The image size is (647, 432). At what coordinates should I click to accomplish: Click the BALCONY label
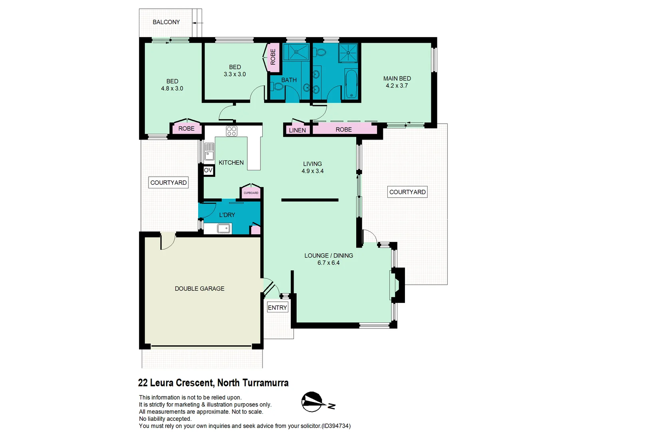coord(166,22)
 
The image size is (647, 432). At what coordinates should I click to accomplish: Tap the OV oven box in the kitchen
coord(208,170)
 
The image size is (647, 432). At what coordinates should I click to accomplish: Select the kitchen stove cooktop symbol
coord(231,131)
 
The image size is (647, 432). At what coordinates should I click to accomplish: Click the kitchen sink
coord(209,152)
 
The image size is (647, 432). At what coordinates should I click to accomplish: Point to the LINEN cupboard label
coord(297,130)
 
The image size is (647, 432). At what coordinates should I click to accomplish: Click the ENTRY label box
coord(277,308)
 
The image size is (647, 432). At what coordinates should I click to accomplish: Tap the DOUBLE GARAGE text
coord(200,288)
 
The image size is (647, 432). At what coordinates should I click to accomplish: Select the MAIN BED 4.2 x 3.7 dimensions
coord(397,86)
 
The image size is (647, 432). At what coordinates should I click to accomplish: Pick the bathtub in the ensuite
coord(351,84)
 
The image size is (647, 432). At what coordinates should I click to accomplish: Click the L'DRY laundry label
coord(227,215)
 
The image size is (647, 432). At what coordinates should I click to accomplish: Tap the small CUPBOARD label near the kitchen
coord(251,193)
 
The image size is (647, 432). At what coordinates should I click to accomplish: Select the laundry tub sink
coord(224,228)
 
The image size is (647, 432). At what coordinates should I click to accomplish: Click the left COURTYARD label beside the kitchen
coord(169,182)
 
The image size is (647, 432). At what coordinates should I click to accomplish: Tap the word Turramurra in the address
coord(266,383)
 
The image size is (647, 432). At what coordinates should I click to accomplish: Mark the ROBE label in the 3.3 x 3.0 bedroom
coord(273,57)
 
